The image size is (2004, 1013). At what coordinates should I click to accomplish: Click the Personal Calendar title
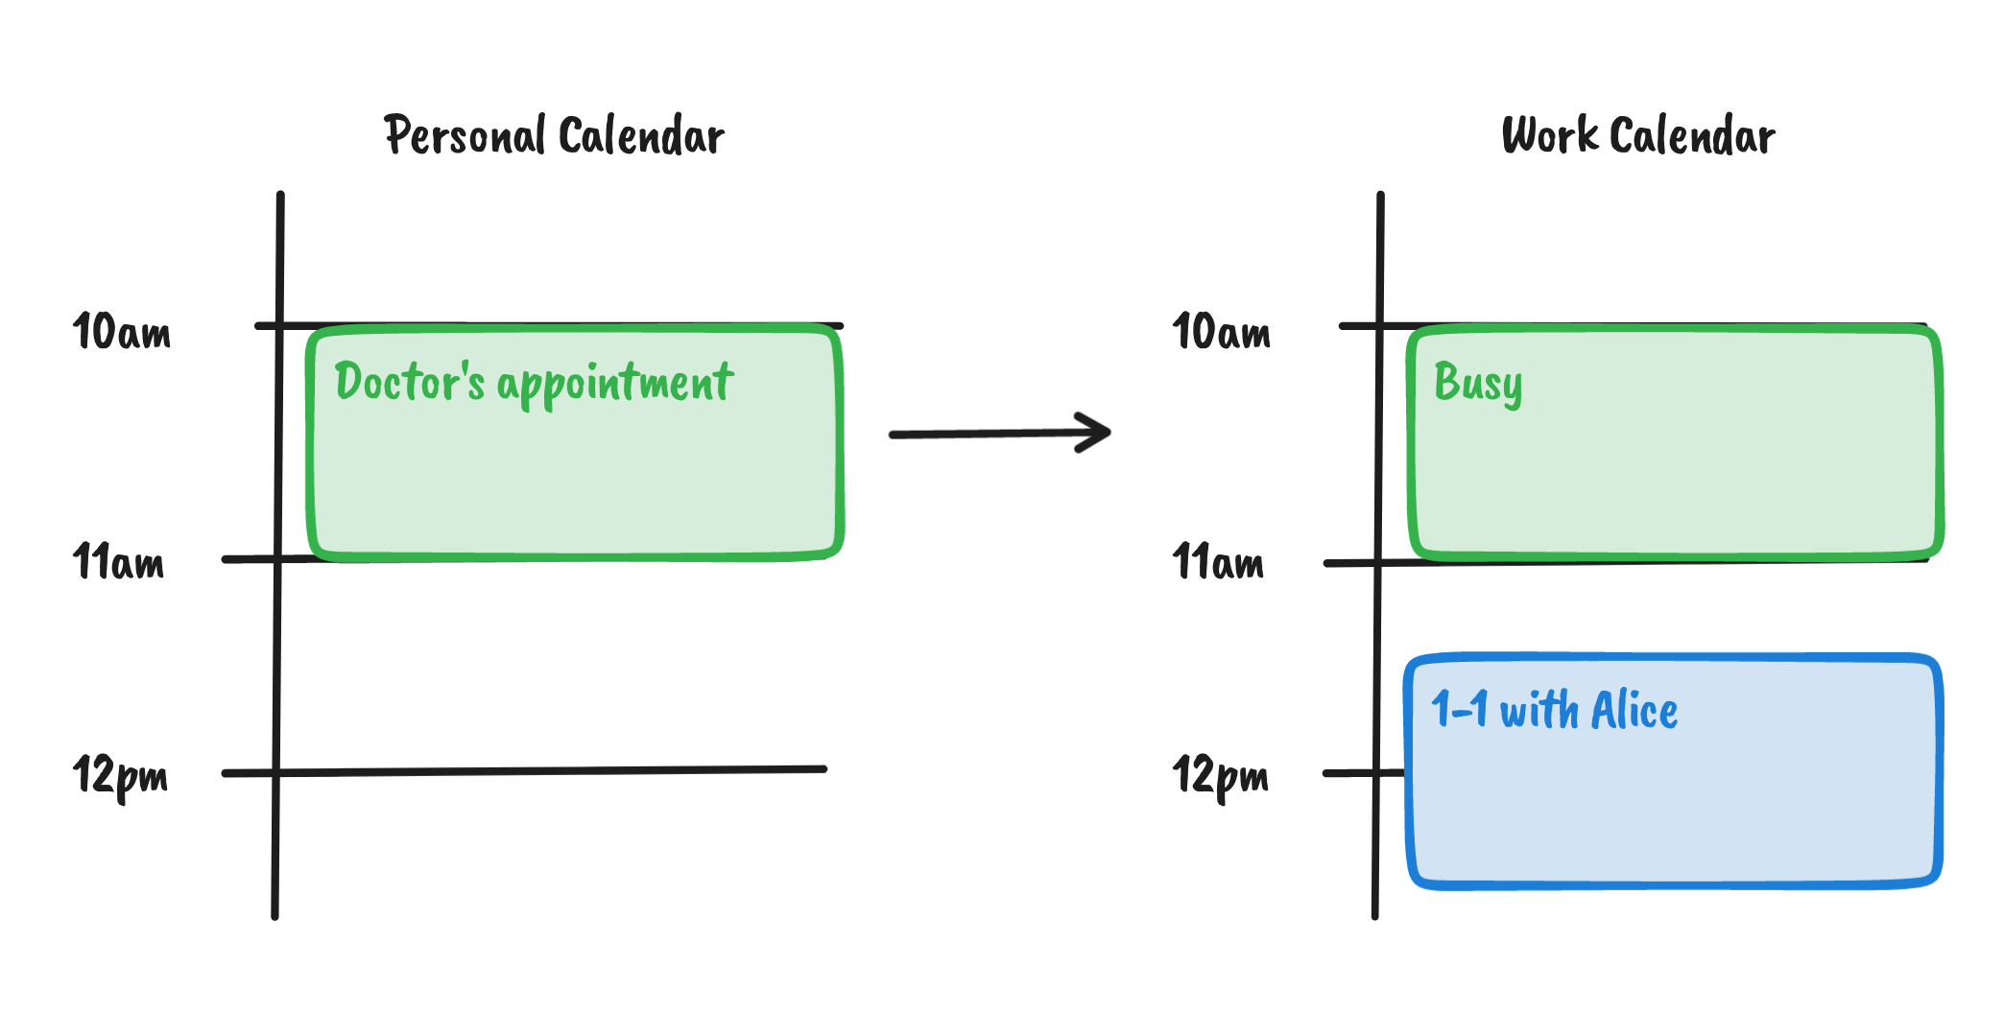tap(555, 135)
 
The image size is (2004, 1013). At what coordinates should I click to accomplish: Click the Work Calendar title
tap(1638, 135)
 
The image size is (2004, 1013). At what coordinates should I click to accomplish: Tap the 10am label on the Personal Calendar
tap(122, 332)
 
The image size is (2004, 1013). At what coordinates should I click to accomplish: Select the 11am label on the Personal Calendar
tap(119, 562)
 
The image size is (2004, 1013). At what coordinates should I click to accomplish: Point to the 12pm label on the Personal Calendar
tap(121, 775)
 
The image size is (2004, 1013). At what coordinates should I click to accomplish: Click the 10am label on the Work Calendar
tap(1222, 332)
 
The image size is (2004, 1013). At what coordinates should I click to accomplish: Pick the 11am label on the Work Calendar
tap(1219, 562)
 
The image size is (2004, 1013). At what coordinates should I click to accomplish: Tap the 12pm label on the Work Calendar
tap(1221, 775)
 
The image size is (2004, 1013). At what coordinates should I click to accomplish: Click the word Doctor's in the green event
tap(410, 381)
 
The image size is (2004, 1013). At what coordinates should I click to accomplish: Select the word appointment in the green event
tap(615, 385)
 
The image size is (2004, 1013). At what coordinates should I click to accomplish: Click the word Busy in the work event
tap(1478, 383)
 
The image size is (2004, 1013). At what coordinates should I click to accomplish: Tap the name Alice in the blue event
tap(1634, 711)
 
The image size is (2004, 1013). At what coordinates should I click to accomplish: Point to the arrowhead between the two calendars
tap(1096, 433)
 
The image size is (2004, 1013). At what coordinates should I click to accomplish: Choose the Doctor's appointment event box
tap(574, 470)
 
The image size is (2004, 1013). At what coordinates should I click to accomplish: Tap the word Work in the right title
tap(1550, 135)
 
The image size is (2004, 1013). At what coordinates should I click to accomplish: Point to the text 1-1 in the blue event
tap(1459, 711)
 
